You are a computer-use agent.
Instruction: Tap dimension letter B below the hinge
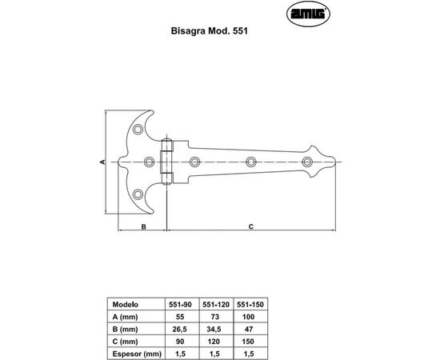(142, 226)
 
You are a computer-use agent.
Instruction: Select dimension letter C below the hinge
(250, 226)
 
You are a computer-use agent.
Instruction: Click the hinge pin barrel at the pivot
(168, 162)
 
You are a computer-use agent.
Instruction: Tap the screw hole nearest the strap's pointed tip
(306, 162)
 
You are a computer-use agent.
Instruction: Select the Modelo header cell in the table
(126, 305)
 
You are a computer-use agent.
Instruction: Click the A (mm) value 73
(214, 316)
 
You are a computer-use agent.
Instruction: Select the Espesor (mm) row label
(133, 353)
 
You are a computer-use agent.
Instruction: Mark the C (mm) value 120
(214, 341)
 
